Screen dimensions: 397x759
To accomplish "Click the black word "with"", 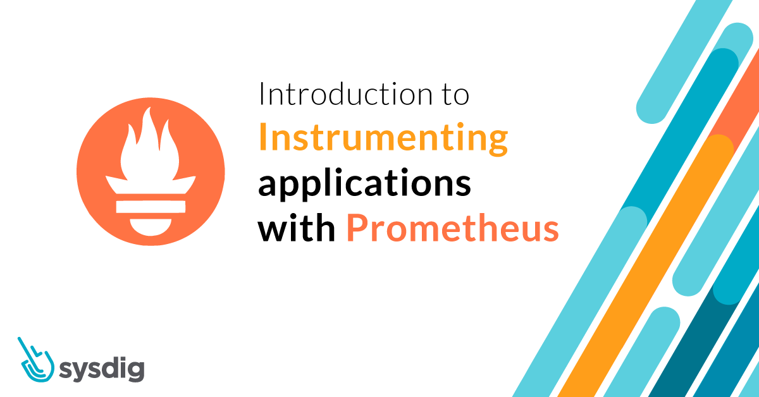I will [296, 229].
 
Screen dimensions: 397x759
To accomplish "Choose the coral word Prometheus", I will [452, 229].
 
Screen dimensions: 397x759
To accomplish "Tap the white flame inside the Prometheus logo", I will [151, 142].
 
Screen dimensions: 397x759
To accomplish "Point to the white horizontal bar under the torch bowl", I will [151, 205].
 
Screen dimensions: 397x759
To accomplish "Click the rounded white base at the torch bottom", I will [151, 224].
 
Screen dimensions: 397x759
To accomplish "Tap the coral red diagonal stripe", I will [734, 107].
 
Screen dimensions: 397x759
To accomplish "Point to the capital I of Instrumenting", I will [262, 139].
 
